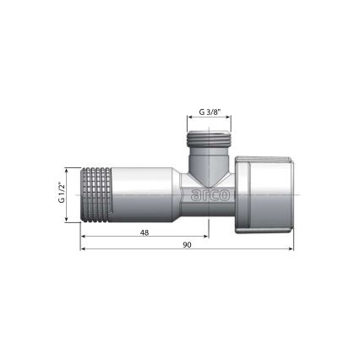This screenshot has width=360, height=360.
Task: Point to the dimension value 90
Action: coord(188,245)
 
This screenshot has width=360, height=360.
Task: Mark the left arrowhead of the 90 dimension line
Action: coord(83,250)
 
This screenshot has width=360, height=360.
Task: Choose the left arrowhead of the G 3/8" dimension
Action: coord(190,120)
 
